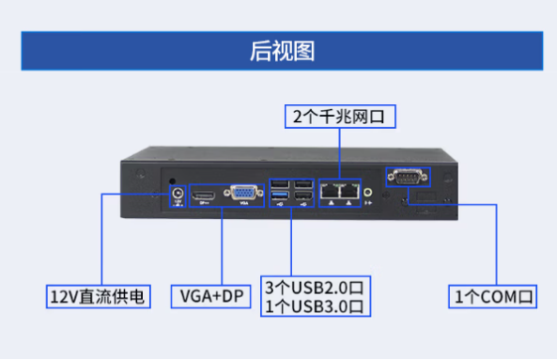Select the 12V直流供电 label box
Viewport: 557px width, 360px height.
[99, 297]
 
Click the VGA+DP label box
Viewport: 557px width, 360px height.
[209, 297]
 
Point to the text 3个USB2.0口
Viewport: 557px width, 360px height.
[313, 286]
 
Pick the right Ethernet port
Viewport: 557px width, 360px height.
[350, 191]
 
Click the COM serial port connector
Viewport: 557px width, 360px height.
[407, 177]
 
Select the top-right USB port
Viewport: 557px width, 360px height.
[303, 183]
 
